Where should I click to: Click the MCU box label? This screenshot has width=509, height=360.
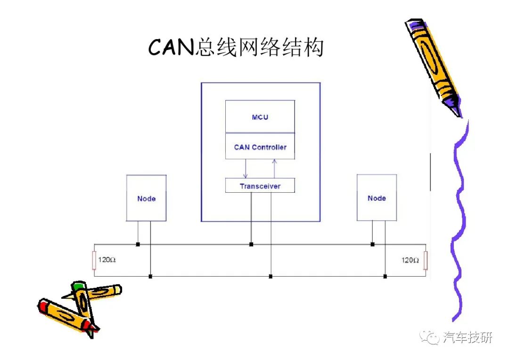260,117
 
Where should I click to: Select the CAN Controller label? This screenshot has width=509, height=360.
260,147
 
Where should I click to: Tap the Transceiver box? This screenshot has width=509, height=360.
260,185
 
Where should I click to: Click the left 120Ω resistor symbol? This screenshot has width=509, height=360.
94,260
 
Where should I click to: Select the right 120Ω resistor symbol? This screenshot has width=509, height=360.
426,260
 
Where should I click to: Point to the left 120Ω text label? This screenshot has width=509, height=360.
107,260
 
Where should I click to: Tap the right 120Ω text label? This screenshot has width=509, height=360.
410,260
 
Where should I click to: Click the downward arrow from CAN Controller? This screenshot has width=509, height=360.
246,169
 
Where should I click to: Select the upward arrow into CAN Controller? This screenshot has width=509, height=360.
274,169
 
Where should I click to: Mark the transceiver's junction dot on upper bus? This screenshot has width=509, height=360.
251,244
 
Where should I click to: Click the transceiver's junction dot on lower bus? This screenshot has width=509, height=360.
271,276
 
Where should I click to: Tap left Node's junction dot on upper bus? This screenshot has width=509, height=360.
138,244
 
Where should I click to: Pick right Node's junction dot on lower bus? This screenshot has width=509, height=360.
385,276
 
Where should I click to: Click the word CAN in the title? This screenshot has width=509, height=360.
171,48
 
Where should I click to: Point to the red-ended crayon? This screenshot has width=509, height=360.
68,317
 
